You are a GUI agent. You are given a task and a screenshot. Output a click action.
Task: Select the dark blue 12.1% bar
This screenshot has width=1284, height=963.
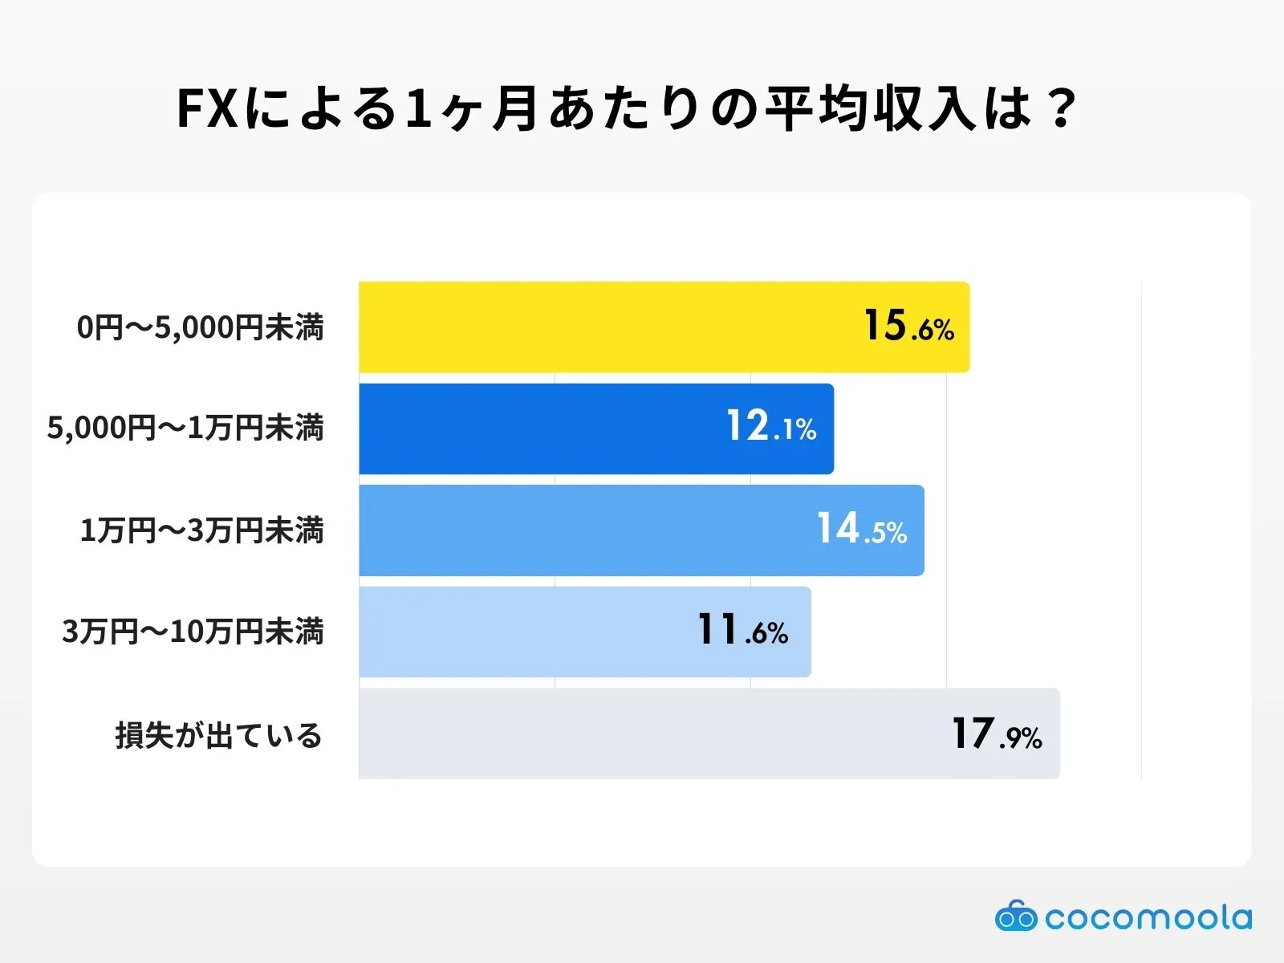pyautogui.click(x=546, y=429)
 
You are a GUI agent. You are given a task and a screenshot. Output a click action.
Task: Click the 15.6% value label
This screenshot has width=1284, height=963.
pyautogui.click(x=908, y=327)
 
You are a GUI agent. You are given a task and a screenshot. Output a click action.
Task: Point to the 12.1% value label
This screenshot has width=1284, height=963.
pyautogui.click(x=771, y=426)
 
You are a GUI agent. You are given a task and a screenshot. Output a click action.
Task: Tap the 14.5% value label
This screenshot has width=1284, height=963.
pyautogui.click(x=862, y=530)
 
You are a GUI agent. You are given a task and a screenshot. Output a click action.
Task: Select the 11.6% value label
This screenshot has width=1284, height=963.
pyautogui.click(x=742, y=630)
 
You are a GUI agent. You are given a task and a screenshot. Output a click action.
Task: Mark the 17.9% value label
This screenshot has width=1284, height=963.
pyautogui.click(x=997, y=734)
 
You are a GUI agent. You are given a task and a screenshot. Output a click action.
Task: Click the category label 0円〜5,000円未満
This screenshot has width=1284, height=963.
pyautogui.click(x=201, y=327)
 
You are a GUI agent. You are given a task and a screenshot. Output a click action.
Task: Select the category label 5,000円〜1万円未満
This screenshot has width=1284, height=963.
pyautogui.click(x=185, y=428)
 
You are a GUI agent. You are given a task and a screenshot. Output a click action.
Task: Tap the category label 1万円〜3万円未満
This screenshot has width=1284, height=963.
pyautogui.click(x=201, y=530)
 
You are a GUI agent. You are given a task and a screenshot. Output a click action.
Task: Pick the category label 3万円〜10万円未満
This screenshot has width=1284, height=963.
pyautogui.click(x=193, y=632)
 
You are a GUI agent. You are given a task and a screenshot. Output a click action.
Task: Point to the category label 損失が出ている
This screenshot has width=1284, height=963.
pyautogui.click(x=218, y=735)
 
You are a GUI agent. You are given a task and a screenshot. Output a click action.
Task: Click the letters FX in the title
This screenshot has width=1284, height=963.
pyautogui.click(x=207, y=109)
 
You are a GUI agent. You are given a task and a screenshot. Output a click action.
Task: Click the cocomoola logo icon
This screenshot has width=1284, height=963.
pyautogui.click(x=1015, y=916)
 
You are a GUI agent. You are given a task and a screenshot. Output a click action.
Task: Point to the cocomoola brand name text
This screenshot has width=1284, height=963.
pyautogui.click(x=1148, y=917)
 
